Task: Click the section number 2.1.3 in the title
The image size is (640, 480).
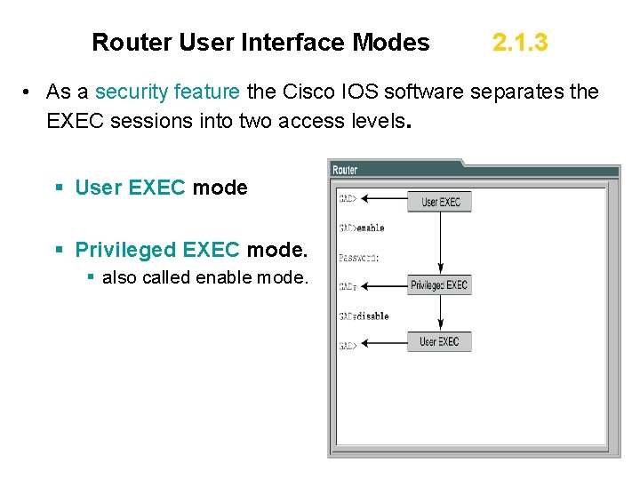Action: coord(520,42)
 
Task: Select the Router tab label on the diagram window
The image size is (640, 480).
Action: coord(345,170)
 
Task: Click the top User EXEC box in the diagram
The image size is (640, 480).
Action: coord(441,201)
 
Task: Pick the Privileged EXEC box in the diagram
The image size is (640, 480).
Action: coord(439,285)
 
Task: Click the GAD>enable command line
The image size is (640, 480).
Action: coord(362,228)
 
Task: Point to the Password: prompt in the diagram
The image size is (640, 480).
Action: coord(359,258)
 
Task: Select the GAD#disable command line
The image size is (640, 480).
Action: coord(364,316)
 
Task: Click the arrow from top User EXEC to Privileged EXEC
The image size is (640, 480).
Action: coord(441,242)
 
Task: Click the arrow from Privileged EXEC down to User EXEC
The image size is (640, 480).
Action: coord(441,313)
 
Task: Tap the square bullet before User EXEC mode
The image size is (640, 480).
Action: coord(59,188)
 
